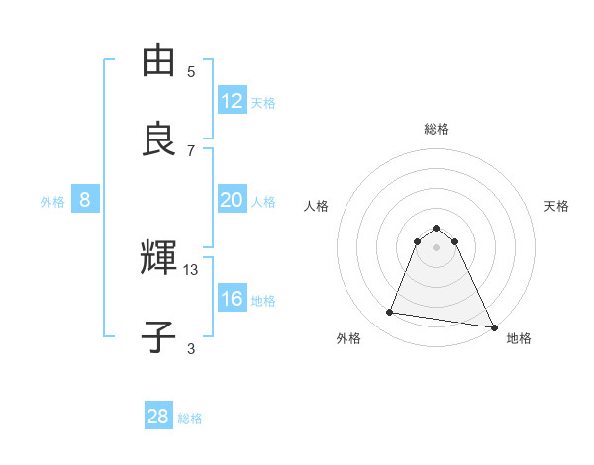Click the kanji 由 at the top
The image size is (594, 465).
click(x=158, y=62)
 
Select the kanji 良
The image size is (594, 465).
click(x=158, y=139)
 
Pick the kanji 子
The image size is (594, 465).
click(x=158, y=337)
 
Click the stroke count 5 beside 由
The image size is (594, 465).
click(x=191, y=72)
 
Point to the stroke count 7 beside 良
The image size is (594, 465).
click(x=191, y=150)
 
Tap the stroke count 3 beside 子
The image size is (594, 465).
click(x=191, y=348)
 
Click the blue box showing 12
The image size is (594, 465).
click(x=232, y=101)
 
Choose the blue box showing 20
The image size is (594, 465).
click(x=232, y=200)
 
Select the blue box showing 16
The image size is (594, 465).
click(x=232, y=299)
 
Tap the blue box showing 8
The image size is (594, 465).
click(x=85, y=200)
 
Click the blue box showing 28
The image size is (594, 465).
click(x=158, y=417)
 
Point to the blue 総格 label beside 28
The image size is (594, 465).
click(x=190, y=418)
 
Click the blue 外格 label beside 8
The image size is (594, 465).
click(x=52, y=202)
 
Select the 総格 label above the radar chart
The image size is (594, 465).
click(x=437, y=129)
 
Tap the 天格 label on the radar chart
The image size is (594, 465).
click(x=557, y=206)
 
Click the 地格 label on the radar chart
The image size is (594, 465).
click(x=519, y=338)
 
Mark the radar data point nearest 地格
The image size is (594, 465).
click(x=493, y=325)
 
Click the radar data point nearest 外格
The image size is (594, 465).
click(x=390, y=313)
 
